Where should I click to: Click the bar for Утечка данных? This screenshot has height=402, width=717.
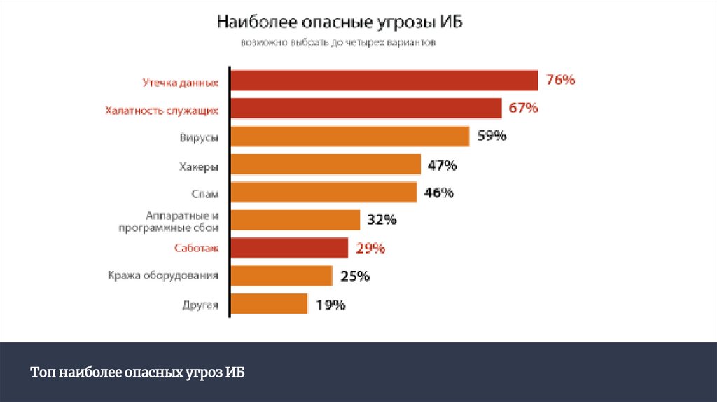[384, 81]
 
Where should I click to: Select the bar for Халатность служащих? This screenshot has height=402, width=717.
[366, 109]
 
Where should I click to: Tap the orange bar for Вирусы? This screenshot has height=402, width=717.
[349, 136]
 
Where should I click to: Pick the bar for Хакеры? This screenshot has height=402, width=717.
[325, 165]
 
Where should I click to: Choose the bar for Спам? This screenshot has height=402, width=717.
[323, 192]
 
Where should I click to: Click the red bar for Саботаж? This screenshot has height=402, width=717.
[288, 248]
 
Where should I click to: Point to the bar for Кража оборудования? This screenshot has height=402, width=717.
[281, 276]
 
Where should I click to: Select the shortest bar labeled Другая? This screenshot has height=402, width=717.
[268, 304]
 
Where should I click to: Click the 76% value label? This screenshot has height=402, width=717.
[560, 81]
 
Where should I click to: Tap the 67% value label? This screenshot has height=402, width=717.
[523, 108]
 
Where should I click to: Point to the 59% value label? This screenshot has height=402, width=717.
[492, 136]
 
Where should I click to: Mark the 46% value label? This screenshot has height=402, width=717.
[439, 193]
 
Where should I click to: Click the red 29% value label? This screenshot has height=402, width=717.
[370, 248]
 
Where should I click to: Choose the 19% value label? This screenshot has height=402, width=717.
[330, 305]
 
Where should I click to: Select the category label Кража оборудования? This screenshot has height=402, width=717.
[163, 276]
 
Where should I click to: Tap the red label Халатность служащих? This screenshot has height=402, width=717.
[162, 110]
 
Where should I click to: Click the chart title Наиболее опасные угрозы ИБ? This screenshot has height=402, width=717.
[340, 22]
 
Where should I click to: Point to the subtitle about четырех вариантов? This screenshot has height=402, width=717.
[338, 43]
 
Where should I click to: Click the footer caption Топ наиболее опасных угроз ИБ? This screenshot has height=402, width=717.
[137, 372]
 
